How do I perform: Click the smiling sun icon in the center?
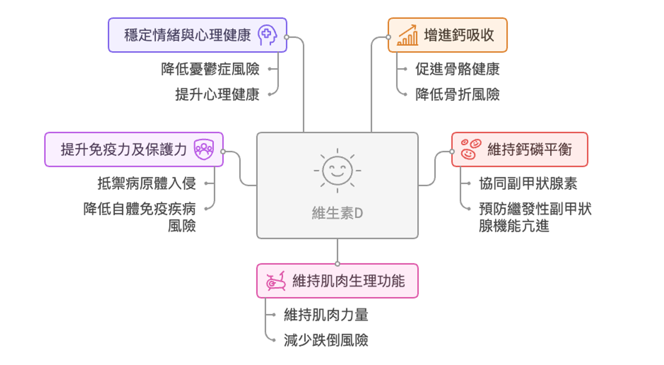pyautogui.click(x=337, y=171)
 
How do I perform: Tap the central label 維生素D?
pyautogui.click(x=337, y=213)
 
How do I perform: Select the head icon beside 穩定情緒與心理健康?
pyautogui.click(x=267, y=35)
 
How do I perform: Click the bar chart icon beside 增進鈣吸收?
pyautogui.click(x=407, y=35)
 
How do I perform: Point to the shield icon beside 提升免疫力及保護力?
pyautogui.click(x=204, y=149)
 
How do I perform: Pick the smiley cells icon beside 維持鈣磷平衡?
pyautogui.click(x=471, y=149)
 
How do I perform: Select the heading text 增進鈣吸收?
pyautogui.click(x=459, y=35)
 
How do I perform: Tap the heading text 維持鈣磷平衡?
pyautogui.click(x=530, y=149)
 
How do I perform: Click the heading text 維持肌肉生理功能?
pyautogui.click(x=349, y=281)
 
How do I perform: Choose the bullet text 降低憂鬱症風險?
pyautogui.click(x=210, y=69)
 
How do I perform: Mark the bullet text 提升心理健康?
pyautogui.click(x=217, y=94)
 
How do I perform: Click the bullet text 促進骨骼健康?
pyautogui.click(x=457, y=69)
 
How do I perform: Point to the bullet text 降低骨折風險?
pyautogui.click(x=457, y=94)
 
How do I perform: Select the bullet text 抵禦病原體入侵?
pyautogui.click(x=147, y=183)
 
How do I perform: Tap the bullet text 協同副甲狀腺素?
pyautogui.click(x=528, y=184)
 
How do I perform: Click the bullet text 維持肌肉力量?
pyautogui.click(x=326, y=315)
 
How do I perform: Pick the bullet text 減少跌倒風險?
pyautogui.click(x=326, y=340)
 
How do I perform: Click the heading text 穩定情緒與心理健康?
pyautogui.click(x=187, y=35)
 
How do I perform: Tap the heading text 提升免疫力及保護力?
pyautogui.click(x=123, y=149)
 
